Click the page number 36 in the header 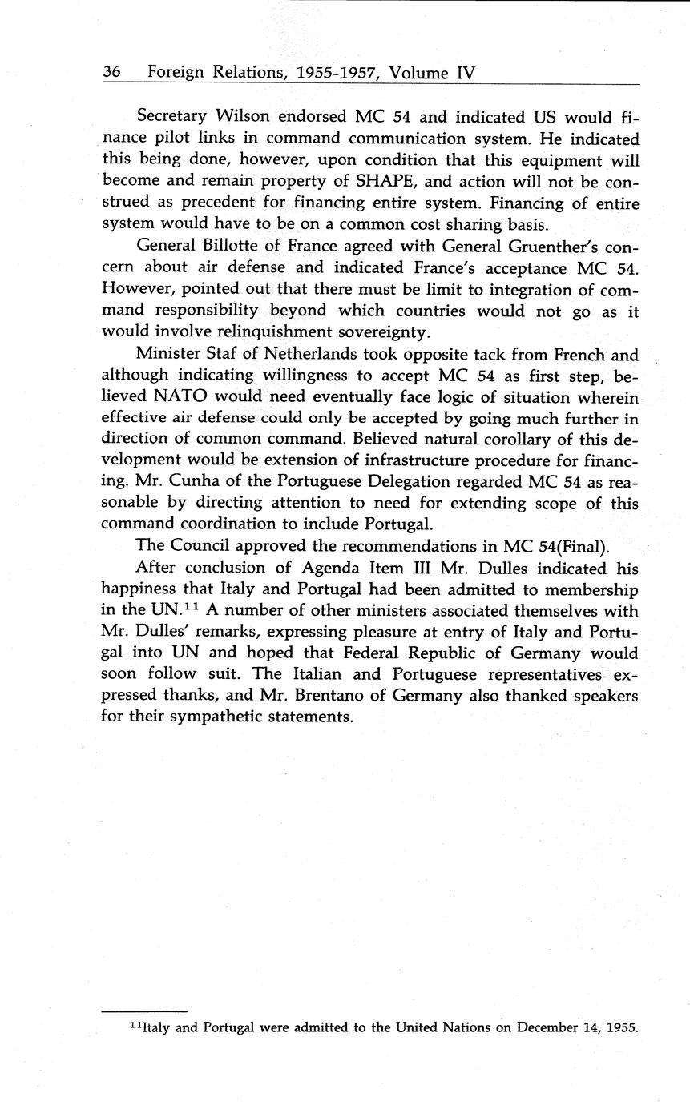tap(111, 73)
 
